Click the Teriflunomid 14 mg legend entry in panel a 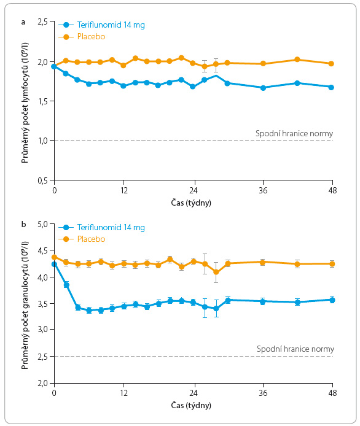click(x=101, y=25)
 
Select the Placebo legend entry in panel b click(x=82, y=239)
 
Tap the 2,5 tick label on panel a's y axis click(x=42, y=21)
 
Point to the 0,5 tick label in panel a click(x=42, y=180)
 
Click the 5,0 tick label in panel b click(x=42, y=225)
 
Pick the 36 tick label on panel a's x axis click(x=263, y=190)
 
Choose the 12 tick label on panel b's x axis click(x=123, y=393)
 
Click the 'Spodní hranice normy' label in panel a click(x=294, y=134)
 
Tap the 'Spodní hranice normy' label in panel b click(x=295, y=349)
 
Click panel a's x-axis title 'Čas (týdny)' click(x=191, y=203)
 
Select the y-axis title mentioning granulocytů click(x=25, y=305)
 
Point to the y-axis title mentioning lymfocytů click(x=25, y=103)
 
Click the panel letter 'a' click(x=23, y=22)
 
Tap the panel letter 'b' click(x=24, y=224)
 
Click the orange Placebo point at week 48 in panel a click(x=331, y=64)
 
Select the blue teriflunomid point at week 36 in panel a click(x=263, y=88)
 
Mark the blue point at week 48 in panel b click(x=332, y=300)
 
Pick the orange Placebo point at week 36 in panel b click(x=262, y=262)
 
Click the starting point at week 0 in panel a click(x=54, y=66)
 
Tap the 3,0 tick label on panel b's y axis click(x=42, y=329)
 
